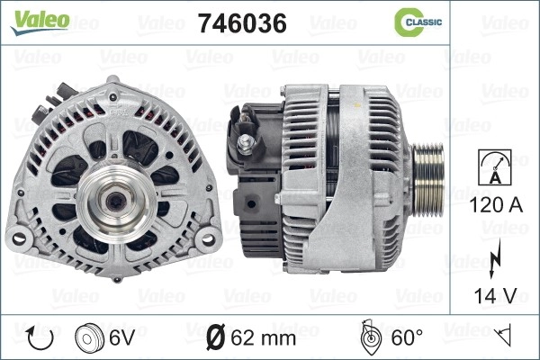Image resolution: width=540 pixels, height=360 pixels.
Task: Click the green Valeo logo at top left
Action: point(40,22)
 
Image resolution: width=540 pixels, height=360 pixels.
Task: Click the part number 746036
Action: point(242,23)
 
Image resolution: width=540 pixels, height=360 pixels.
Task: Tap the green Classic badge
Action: point(418,22)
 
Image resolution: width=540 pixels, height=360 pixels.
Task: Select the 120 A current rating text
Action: point(496,205)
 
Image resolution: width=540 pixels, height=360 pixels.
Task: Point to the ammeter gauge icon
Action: point(495,167)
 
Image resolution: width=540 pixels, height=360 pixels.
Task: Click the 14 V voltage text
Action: point(495,295)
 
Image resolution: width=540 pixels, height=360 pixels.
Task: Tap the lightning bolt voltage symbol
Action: point(495,259)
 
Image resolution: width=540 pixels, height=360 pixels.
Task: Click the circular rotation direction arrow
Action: point(40,338)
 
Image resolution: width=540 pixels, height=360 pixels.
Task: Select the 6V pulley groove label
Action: point(121,337)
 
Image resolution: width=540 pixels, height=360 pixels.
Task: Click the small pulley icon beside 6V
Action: point(89,338)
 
